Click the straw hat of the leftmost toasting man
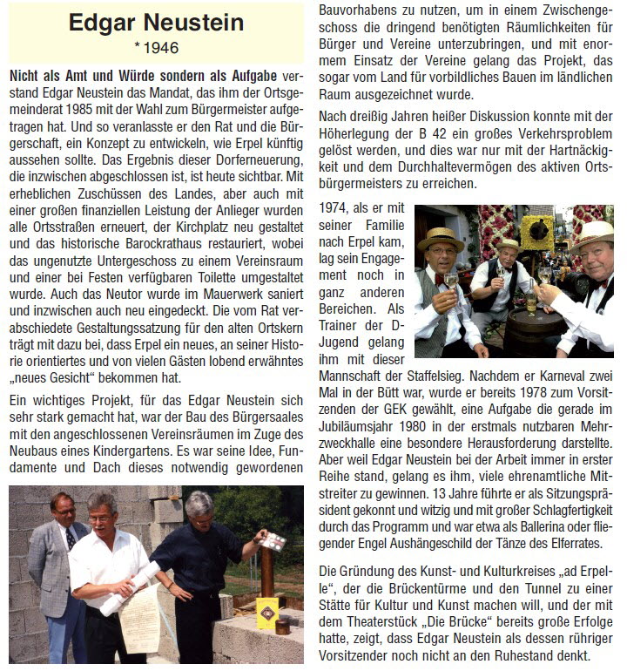(442, 237)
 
